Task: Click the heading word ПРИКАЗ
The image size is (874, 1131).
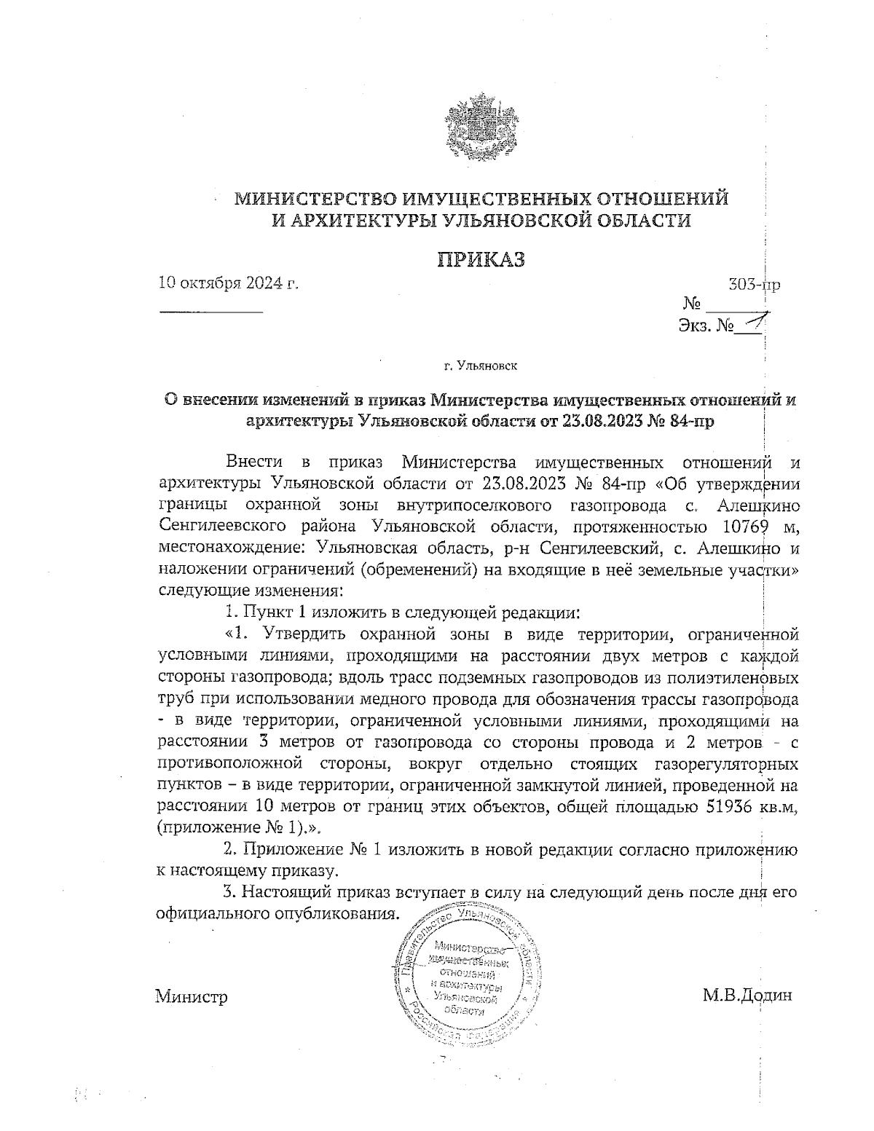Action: pos(481,260)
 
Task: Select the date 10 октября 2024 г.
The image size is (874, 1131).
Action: pos(229,283)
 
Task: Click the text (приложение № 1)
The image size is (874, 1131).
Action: pos(239,828)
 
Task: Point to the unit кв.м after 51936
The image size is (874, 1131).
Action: pos(781,807)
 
